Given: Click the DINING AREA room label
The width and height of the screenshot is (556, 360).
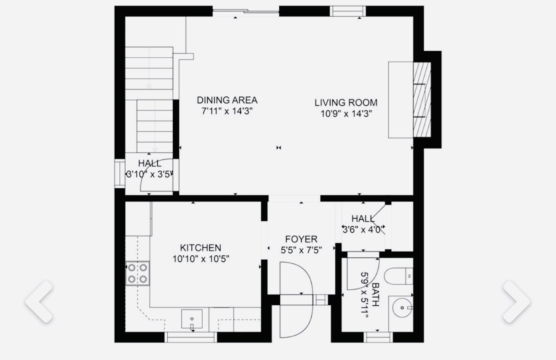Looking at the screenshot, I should [x=227, y=100].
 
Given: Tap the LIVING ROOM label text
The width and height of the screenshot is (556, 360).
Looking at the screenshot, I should [x=346, y=102].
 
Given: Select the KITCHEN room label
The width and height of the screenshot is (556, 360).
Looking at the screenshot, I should [x=200, y=248].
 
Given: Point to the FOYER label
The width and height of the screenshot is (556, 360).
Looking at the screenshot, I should [x=301, y=239].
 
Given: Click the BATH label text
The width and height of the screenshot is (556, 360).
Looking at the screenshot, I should [x=375, y=295].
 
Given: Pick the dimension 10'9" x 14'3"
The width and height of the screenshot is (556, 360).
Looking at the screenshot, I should [x=346, y=114].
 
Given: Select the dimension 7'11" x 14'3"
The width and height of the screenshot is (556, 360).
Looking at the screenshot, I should [x=227, y=111].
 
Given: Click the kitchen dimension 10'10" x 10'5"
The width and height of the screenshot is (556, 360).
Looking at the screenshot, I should [x=200, y=259].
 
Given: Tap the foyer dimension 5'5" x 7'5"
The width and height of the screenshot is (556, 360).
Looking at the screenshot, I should [x=301, y=249].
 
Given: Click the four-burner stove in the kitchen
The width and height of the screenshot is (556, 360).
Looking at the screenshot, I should [x=137, y=273].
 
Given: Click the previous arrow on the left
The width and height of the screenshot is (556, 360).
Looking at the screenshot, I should [x=39, y=301].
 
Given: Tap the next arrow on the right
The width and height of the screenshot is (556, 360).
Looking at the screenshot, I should [x=516, y=301].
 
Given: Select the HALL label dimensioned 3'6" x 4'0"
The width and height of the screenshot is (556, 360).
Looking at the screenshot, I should [x=363, y=219].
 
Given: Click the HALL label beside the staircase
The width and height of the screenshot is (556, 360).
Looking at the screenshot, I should [x=150, y=164].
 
